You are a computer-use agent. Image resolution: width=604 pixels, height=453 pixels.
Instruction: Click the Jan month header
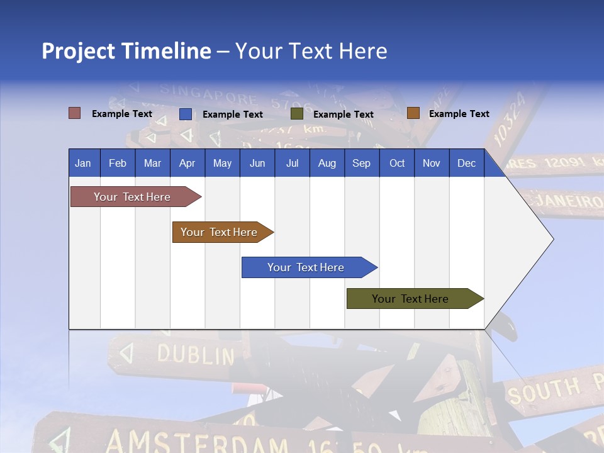(x=84, y=163)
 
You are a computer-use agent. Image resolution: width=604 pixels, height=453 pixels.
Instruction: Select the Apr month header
(x=187, y=163)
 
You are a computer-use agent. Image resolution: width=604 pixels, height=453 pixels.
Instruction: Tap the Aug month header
(x=327, y=163)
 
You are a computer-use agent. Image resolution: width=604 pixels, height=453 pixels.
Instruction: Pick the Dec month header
(x=466, y=163)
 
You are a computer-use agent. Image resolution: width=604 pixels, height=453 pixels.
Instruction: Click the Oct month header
(x=396, y=163)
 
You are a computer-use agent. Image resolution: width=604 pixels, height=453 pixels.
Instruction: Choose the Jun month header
(x=257, y=163)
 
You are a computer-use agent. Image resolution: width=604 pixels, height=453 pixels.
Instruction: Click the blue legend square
(x=185, y=114)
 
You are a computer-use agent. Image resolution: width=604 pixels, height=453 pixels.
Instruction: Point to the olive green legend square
(x=297, y=114)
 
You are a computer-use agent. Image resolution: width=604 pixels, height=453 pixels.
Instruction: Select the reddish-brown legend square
(x=74, y=113)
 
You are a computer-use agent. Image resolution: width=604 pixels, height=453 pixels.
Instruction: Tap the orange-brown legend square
(x=413, y=113)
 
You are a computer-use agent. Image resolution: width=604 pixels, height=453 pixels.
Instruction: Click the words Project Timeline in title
(x=126, y=51)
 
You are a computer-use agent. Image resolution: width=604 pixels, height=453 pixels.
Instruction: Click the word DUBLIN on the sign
(x=195, y=355)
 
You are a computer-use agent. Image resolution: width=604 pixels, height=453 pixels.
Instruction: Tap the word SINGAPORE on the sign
(x=208, y=94)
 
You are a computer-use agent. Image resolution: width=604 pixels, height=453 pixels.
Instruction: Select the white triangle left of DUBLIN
(x=127, y=353)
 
